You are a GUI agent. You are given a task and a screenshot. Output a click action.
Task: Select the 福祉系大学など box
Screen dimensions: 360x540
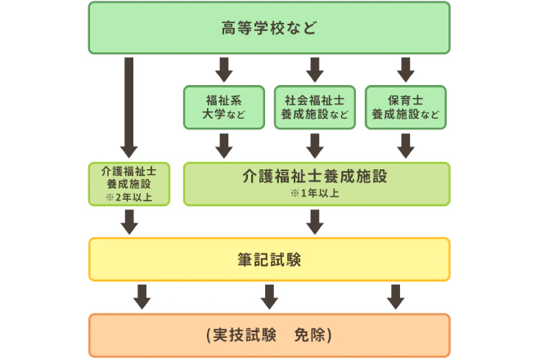[224, 107]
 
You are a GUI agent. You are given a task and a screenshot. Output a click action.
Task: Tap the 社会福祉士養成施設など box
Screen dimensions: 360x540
[314, 107]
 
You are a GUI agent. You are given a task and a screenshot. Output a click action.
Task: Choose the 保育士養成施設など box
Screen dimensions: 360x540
[405, 107]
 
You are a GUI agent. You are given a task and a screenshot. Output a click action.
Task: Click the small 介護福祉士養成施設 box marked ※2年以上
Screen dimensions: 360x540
[129, 183]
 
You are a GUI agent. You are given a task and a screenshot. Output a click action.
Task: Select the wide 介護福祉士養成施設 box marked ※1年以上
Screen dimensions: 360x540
[316, 183]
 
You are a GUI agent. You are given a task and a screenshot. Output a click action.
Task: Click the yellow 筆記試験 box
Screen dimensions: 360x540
[269, 260]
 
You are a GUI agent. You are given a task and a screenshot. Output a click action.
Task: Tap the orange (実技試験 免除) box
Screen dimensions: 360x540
[269, 335]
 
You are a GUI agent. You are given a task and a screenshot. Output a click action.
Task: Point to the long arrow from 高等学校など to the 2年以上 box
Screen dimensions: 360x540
[129, 106]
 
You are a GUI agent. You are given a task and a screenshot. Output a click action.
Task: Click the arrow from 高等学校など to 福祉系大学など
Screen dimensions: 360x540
[224, 69]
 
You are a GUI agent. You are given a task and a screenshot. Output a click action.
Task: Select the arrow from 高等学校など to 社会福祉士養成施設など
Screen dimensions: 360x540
[314, 69]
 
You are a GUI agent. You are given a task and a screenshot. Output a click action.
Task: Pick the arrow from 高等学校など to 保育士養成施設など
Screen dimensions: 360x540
[405, 69]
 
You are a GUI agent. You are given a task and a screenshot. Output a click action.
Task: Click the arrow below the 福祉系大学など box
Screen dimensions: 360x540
[224, 145]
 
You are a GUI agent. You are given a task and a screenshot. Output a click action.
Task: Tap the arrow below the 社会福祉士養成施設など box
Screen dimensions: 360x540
[314, 145]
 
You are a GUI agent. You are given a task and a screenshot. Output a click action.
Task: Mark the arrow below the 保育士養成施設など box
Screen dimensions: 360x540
[405, 145]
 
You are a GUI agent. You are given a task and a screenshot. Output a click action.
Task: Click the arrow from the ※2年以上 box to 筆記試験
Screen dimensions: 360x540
[129, 221]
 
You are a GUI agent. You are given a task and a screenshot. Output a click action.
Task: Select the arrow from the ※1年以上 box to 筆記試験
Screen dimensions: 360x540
[314, 221]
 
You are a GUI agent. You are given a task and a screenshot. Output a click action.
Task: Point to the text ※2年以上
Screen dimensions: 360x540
[129, 197]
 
